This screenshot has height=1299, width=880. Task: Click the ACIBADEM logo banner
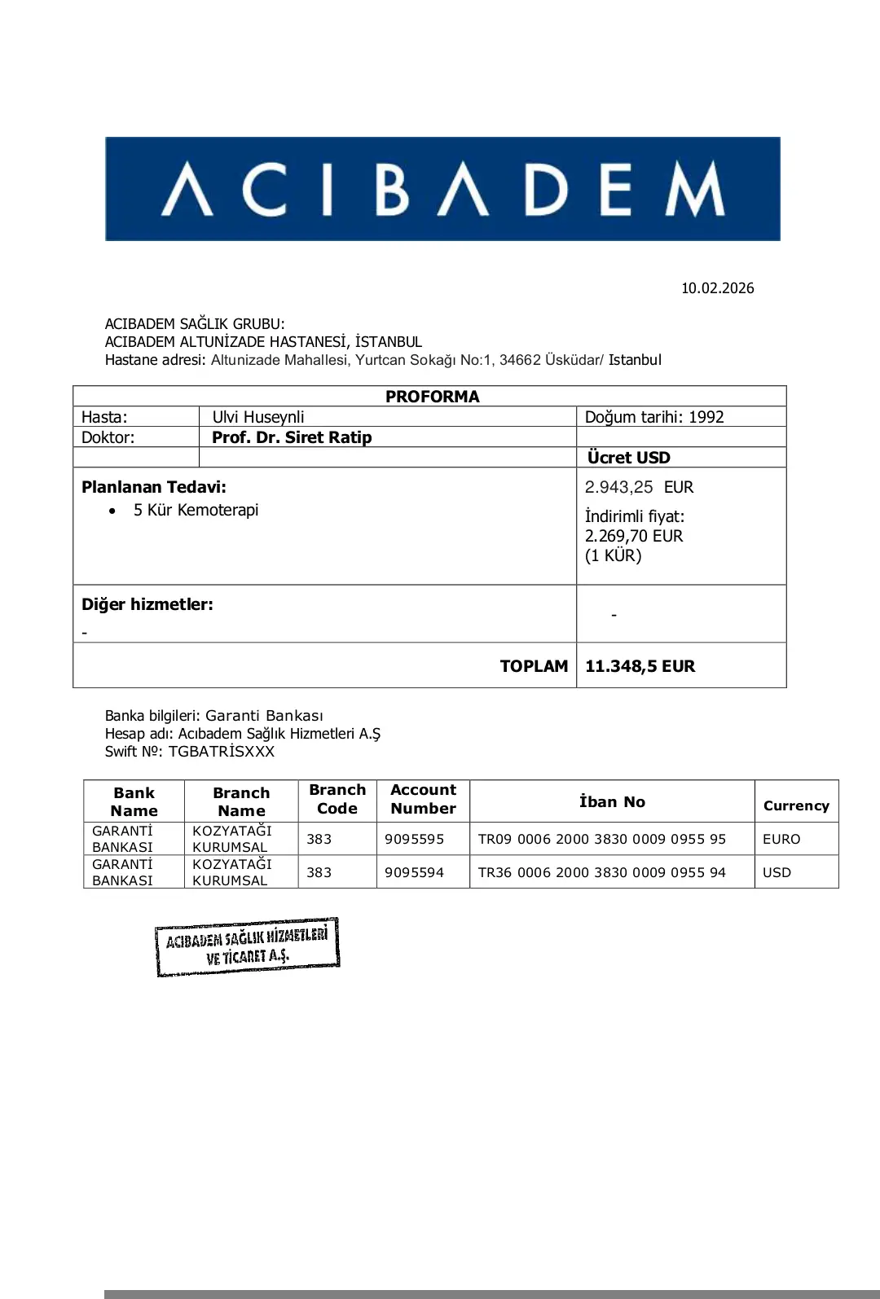pos(442,188)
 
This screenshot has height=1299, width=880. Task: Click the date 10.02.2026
pos(717,288)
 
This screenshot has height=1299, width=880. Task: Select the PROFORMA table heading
pos(432,397)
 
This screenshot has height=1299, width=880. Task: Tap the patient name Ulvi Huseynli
pos(257,417)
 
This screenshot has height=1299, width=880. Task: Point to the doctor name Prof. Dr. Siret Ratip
pos(292,437)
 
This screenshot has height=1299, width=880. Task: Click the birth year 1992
pos(706,417)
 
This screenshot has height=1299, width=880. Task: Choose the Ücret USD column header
pos(628,458)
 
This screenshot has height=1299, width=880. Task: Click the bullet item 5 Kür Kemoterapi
pos(196,510)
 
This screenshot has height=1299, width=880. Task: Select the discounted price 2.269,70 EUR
pos(634,536)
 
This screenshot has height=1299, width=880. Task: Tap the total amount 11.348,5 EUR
pos(640,666)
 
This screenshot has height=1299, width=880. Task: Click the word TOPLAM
pos(534,666)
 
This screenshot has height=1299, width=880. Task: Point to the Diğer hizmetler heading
pos(147,604)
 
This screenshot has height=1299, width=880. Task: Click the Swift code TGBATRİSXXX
pos(222,752)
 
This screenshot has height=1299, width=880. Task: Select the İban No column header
pos(612,801)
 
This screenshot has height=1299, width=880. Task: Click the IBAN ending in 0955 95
pos(601,839)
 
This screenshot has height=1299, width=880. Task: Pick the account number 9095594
pos(414,872)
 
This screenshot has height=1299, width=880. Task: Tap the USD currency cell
pos(777,872)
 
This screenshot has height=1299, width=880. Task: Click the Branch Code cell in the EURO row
pos(319,839)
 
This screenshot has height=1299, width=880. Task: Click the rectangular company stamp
pos(247,947)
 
